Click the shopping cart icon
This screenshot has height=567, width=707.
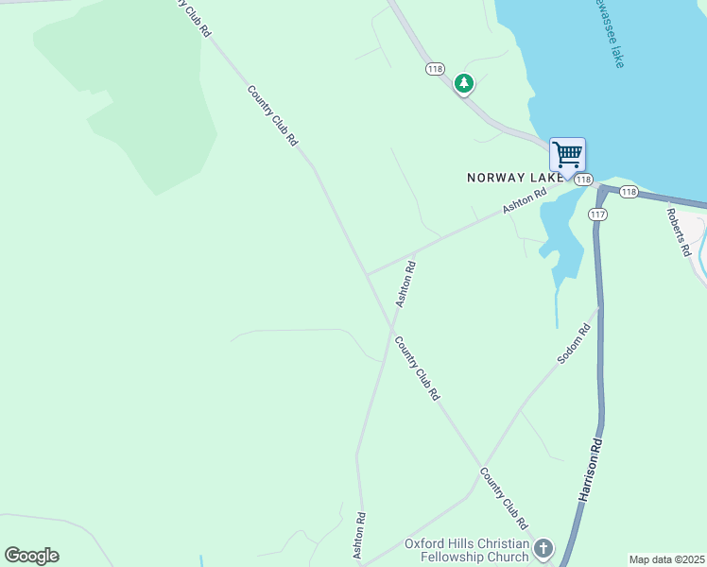point(567,154)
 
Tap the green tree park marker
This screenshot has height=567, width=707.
point(463,84)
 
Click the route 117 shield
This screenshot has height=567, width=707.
point(597,215)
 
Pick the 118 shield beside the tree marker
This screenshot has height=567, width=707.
point(435,69)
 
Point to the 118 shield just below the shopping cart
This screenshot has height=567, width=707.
point(583,180)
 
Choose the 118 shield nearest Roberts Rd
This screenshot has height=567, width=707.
point(629,192)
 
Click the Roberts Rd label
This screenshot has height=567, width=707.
point(679,231)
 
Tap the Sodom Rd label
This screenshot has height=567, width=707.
point(574,344)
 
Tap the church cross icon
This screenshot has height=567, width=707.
point(543,548)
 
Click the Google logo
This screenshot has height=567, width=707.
point(31,556)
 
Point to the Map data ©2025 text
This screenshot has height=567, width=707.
point(667,559)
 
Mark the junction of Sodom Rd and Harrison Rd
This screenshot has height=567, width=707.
point(599,306)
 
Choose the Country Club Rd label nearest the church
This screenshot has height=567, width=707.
point(504,498)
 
